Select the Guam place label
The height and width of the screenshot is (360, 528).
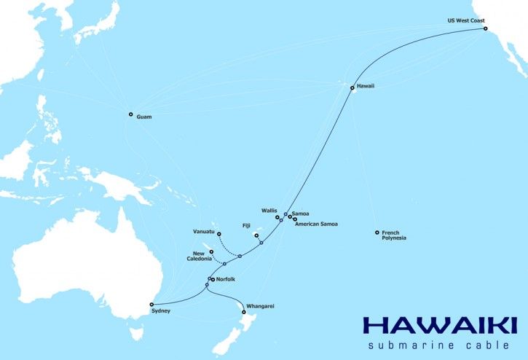(x=143, y=117)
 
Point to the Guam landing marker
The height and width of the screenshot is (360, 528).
(x=131, y=114)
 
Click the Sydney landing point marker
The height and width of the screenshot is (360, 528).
(x=150, y=304)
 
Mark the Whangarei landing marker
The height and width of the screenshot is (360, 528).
(x=243, y=313)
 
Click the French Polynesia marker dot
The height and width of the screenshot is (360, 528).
(x=377, y=232)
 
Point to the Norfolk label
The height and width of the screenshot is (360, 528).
(x=227, y=280)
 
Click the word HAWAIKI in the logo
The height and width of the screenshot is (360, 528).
(x=439, y=325)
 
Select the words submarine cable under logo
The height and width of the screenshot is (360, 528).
(x=442, y=345)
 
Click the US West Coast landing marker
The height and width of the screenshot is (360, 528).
(x=486, y=29)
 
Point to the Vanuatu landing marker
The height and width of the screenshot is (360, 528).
(x=218, y=234)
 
